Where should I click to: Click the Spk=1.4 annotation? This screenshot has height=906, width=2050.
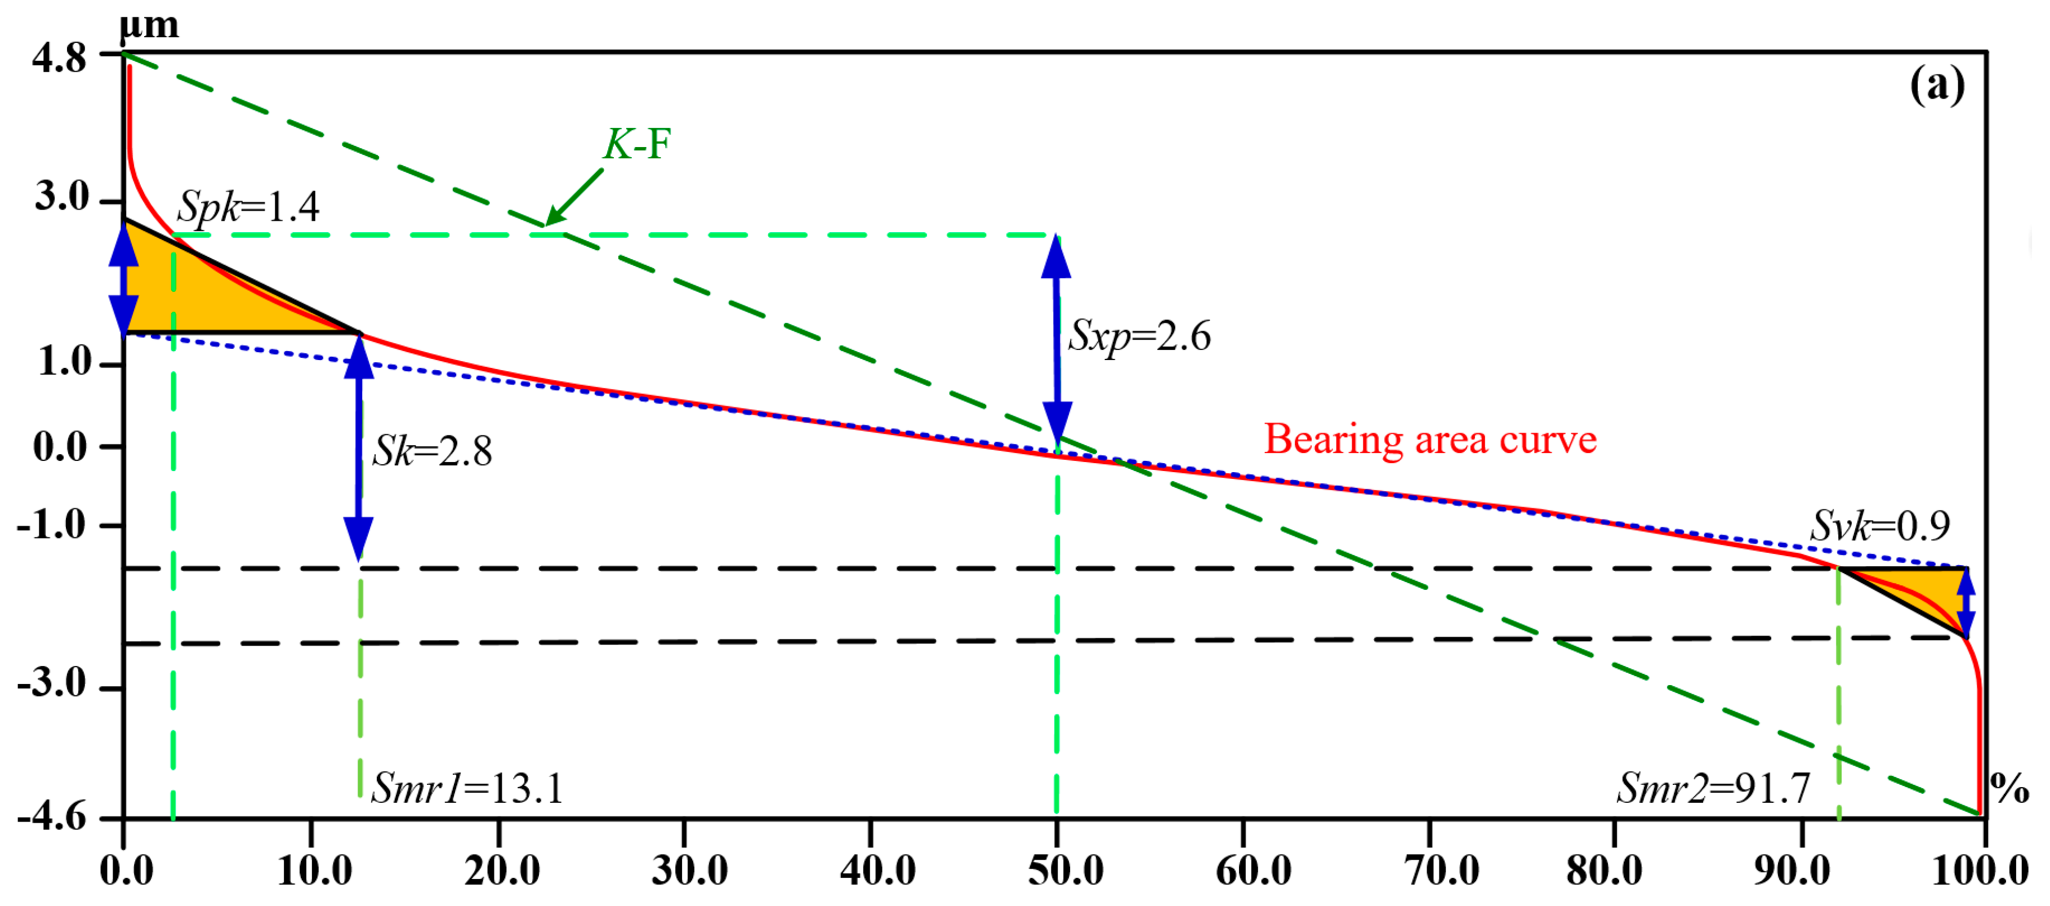(x=248, y=207)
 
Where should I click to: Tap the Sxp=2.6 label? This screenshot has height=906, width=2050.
(x=1139, y=336)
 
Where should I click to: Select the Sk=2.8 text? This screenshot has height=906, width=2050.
(x=433, y=451)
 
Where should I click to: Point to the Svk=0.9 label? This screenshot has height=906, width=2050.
(x=1880, y=526)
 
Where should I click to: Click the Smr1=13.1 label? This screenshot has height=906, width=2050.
(x=468, y=789)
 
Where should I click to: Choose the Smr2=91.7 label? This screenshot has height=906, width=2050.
(x=1713, y=789)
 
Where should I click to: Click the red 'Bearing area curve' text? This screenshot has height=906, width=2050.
(x=1430, y=439)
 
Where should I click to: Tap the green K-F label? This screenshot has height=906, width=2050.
(x=636, y=145)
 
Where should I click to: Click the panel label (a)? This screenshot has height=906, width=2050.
(x=1936, y=85)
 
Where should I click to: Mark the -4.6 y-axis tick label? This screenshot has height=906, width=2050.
(x=52, y=818)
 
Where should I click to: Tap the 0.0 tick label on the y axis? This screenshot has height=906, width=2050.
(x=60, y=447)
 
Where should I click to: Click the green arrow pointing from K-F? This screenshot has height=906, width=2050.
(x=574, y=197)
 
